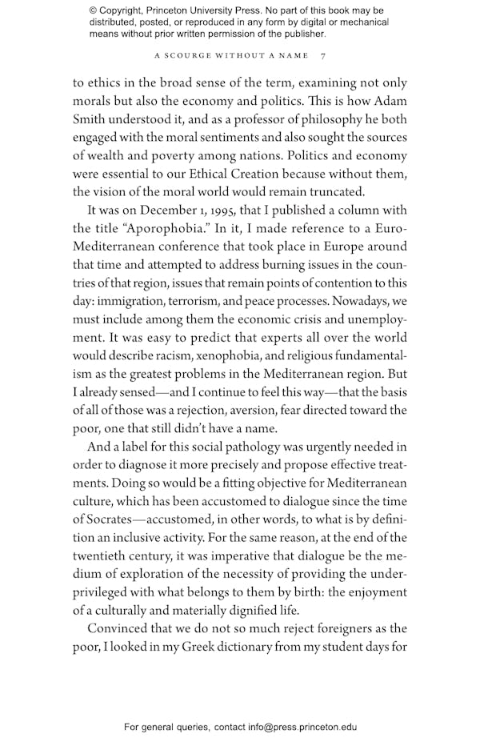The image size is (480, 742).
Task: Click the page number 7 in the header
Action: point(322,56)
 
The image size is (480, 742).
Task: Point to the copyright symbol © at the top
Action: point(94,10)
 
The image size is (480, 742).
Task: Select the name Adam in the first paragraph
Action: point(389,102)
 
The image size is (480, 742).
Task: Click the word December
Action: point(162,211)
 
